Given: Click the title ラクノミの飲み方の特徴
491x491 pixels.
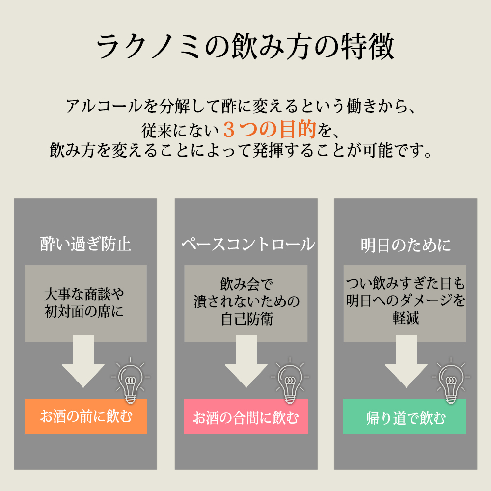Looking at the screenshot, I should [245, 48].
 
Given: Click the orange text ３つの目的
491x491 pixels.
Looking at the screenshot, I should [269, 129].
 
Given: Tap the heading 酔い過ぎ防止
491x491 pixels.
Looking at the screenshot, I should [85, 244].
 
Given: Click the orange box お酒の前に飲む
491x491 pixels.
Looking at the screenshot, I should [85, 417].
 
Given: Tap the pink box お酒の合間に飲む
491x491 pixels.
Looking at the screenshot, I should [245, 418].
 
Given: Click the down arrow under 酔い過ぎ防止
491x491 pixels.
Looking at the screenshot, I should [83, 361].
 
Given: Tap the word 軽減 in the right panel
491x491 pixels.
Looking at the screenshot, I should [406, 318].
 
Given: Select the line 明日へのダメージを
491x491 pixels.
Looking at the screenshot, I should [406, 300].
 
